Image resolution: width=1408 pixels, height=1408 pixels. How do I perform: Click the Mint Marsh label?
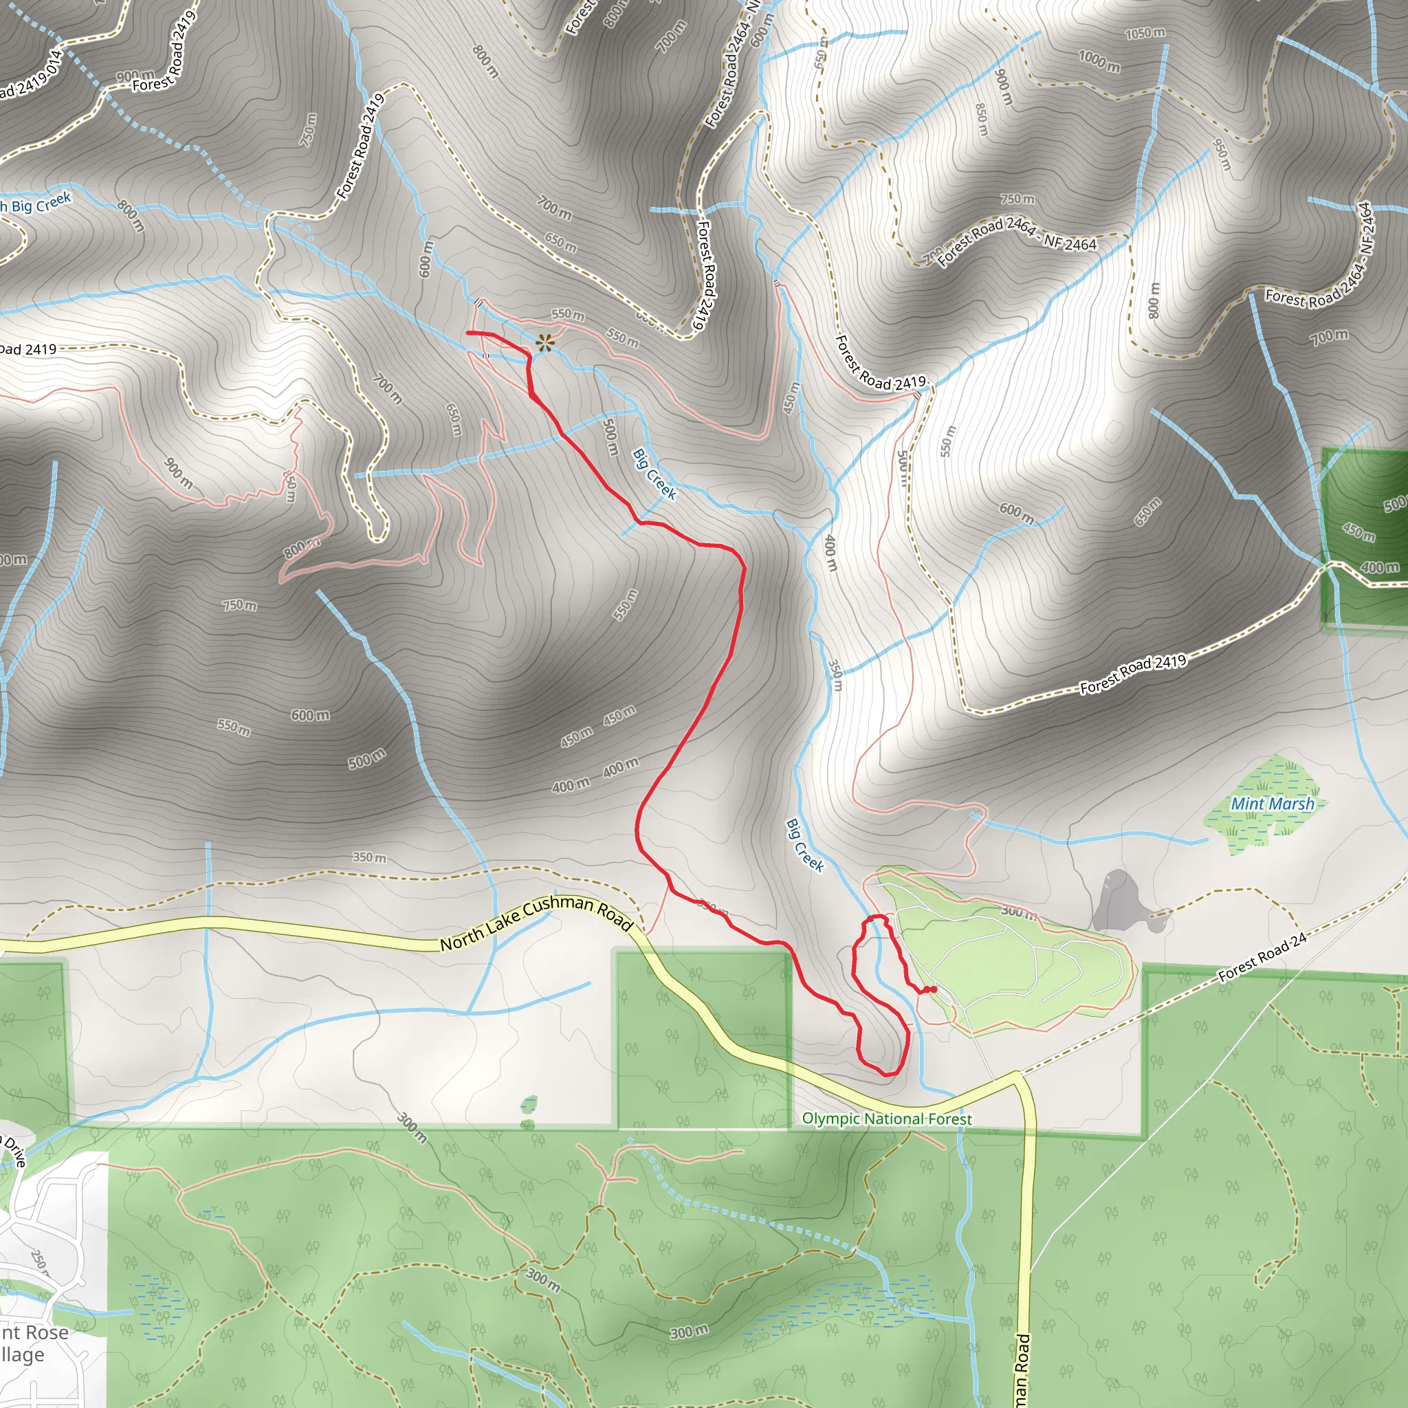1273,804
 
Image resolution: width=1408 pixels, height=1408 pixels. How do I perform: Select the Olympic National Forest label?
887,1119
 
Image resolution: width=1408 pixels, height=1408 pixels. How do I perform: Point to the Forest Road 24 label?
1262,958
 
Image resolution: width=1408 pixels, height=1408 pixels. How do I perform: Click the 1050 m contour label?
1145,33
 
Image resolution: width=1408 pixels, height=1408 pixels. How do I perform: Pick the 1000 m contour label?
1099,61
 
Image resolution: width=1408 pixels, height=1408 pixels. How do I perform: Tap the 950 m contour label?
1222,155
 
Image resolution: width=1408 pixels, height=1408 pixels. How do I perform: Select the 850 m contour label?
982,119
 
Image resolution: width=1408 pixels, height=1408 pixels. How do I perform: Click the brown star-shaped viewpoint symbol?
544,342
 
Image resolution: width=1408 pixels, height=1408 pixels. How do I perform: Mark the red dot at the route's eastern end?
933,989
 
